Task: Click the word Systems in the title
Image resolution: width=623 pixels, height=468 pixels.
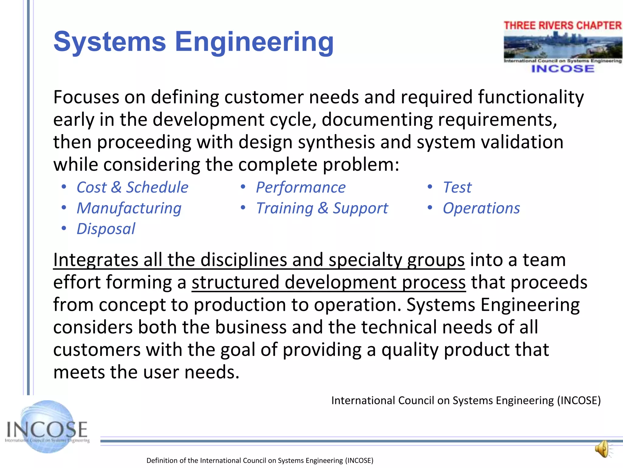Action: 110,42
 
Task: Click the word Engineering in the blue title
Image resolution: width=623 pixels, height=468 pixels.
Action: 254,42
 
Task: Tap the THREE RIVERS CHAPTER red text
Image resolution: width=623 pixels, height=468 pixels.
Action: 562,26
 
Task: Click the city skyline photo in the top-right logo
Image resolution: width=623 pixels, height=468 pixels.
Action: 562,46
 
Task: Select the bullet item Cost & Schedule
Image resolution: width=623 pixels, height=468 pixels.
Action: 132,187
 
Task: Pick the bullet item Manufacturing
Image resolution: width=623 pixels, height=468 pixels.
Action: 129,208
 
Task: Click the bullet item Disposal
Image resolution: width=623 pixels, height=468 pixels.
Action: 106,229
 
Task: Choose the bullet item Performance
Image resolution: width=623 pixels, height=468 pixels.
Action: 301,187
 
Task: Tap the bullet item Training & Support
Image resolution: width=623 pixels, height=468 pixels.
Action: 322,208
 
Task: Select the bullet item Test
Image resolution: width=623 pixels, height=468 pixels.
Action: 457,187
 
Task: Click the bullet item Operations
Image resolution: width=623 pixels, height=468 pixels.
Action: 481,208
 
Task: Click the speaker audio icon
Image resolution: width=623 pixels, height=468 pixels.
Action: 603,449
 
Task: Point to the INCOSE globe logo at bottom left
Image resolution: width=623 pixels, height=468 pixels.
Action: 47,427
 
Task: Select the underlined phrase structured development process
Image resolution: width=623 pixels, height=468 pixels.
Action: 329,282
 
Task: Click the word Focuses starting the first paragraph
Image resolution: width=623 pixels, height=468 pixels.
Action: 86,97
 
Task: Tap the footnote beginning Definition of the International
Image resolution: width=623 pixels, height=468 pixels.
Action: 260,460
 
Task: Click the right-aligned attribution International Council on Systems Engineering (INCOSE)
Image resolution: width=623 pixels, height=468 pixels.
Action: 466,400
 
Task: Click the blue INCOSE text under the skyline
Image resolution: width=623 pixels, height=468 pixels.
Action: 562,69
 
